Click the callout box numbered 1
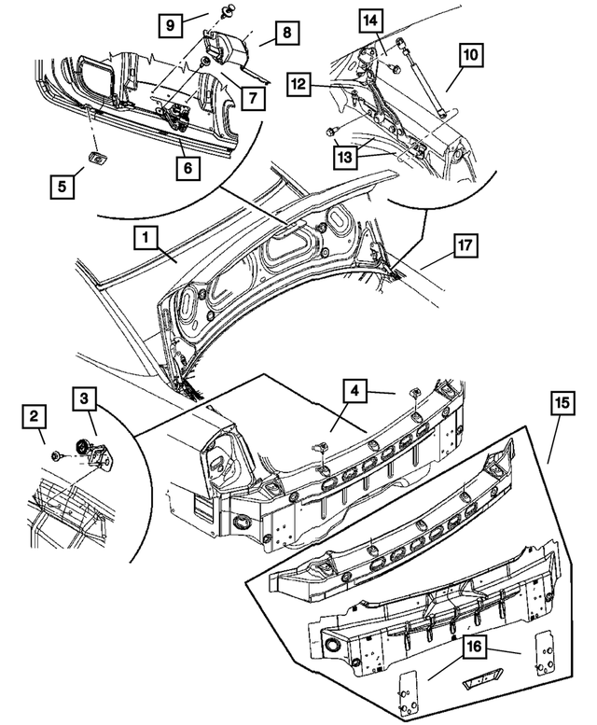pyautogui.click(x=145, y=239)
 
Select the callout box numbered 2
pyautogui.click(x=34, y=414)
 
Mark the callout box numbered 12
pyautogui.click(x=298, y=84)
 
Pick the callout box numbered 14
pyautogui.click(x=371, y=20)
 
